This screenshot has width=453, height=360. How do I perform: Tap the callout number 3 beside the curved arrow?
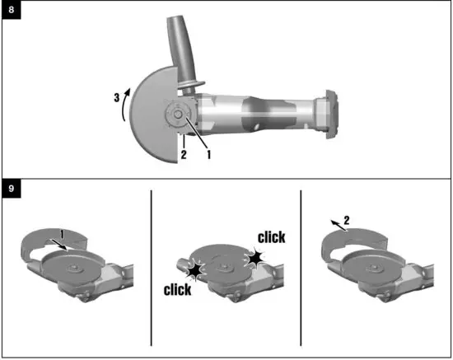[x=118, y=97]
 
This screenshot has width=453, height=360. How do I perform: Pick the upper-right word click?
[x=270, y=238]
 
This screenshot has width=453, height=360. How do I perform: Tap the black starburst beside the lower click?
[x=195, y=270]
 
